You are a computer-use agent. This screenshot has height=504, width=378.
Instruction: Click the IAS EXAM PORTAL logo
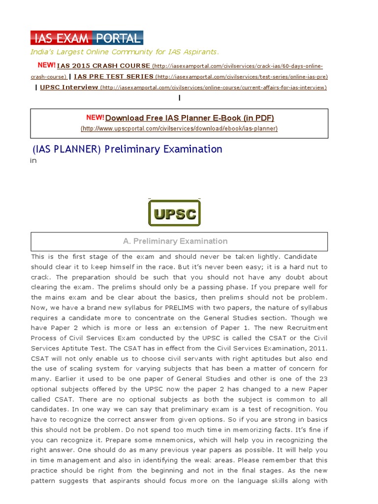[x=87, y=38]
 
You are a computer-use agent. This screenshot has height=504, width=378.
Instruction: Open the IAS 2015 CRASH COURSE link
[x=104, y=66]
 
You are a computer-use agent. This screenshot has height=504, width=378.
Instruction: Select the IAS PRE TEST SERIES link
[x=113, y=77]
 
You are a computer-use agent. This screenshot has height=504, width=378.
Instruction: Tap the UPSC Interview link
[x=69, y=88]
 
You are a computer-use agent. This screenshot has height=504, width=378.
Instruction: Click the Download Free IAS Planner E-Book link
[x=189, y=118]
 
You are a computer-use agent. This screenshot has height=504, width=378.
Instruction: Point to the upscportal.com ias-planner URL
[x=179, y=129]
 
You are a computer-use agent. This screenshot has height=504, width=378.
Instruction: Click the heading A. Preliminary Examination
[x=175, y=241]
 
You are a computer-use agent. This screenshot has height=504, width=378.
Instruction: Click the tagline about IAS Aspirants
[x=125, y=52]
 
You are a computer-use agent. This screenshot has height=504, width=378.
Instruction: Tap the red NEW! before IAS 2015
[x=47, y=65]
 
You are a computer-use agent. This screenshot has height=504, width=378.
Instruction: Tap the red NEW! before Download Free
[x=95, y=118]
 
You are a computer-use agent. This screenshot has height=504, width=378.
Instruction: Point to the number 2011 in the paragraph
[x=318, y=348]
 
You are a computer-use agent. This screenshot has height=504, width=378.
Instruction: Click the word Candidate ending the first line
[x=301, y=257]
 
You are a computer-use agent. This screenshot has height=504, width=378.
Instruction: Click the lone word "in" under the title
[x=33, y=161]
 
